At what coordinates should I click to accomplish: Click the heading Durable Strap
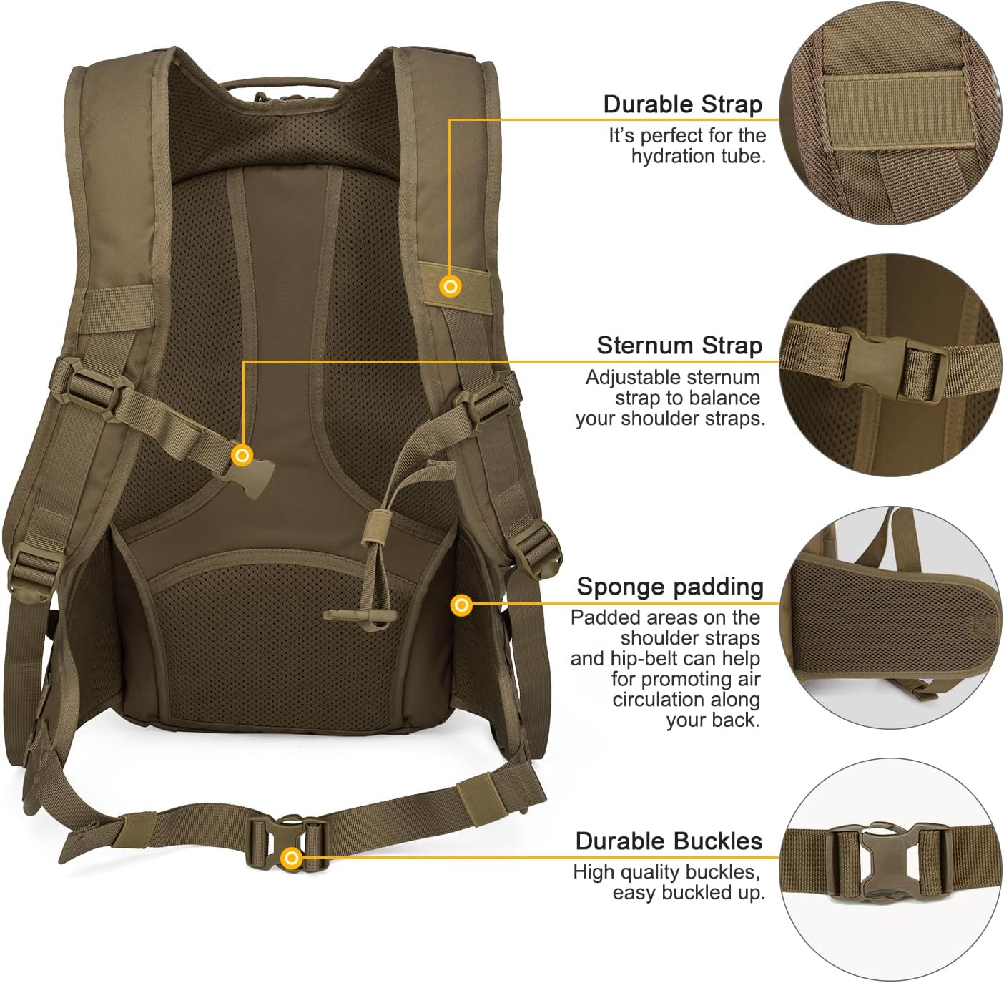[x=682, y=104]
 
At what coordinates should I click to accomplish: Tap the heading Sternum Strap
[x=679, y=346]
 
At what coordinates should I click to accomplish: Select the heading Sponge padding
[x=670, y=587]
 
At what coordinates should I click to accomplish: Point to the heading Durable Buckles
[x=669, y=841]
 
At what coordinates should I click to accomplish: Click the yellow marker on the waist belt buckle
[x=290, y=858]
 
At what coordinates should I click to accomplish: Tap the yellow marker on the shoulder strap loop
[x=451, y=286]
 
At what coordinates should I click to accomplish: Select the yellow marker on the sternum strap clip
[x=243, y=455]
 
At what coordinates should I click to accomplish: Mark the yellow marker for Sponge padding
[x=462, y=605]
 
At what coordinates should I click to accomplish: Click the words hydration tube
[x=698, y=156]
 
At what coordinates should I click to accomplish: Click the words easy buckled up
[x=688, y=893]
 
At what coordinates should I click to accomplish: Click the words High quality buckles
[x=666, y=872]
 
